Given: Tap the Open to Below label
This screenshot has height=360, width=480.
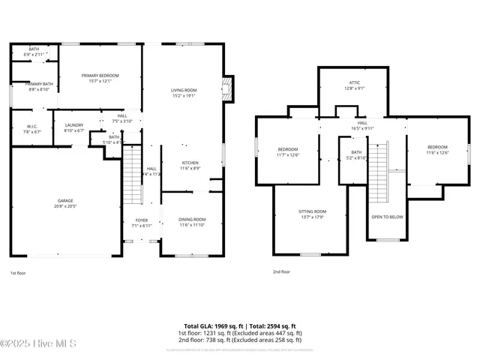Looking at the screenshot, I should pos(387,217).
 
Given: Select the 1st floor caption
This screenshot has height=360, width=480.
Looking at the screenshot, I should pos(19,272).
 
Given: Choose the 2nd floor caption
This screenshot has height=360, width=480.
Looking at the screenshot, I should pos(281,272).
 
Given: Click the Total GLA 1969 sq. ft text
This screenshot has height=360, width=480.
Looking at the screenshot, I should pos(211,326).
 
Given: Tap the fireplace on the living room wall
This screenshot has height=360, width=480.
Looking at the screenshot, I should pos(228,89).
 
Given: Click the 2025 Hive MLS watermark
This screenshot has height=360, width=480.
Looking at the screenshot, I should pos(37,344).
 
